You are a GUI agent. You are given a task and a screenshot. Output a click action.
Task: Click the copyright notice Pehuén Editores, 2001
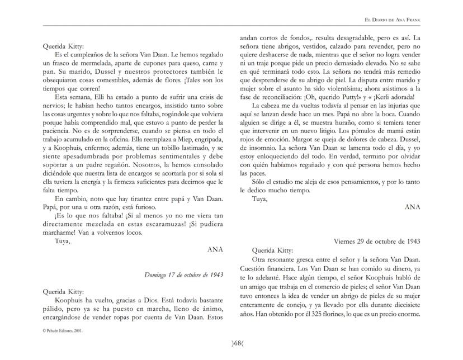pos(62,330)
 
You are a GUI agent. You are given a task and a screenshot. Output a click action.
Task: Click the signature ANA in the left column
pos(215,249)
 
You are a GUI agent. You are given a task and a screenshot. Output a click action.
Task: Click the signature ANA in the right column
pos(412,206)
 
